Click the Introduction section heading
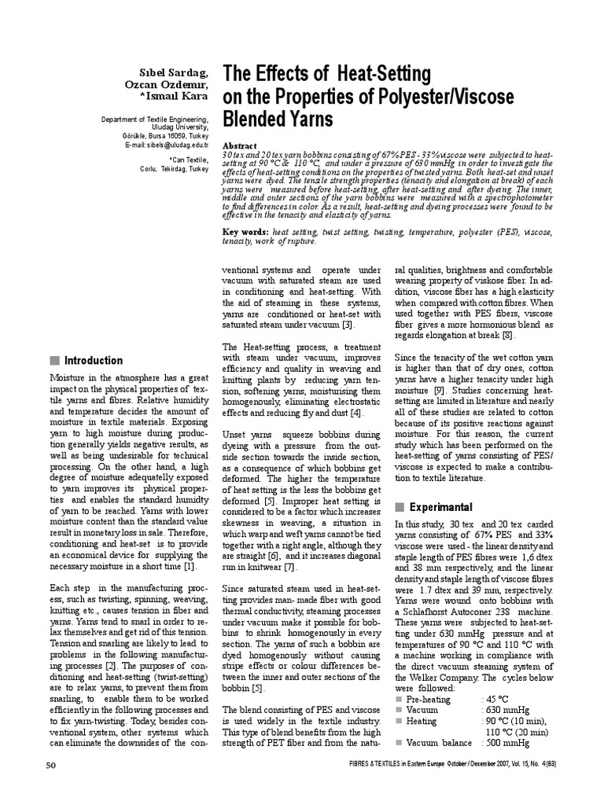(93, 361)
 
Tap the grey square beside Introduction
(54, 361)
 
